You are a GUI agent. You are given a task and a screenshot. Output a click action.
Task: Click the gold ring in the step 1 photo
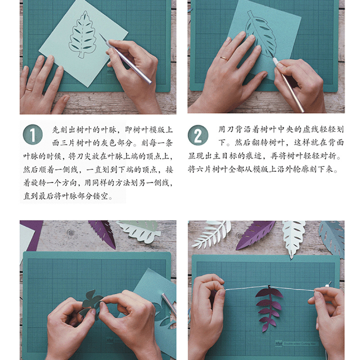click(29, 89)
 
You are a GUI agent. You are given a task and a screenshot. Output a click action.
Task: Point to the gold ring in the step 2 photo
click(223, 58)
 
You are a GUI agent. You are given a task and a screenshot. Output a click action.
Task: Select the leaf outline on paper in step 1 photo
click(82, 35)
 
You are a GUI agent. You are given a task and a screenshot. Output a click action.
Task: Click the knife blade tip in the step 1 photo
click(100, 35)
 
